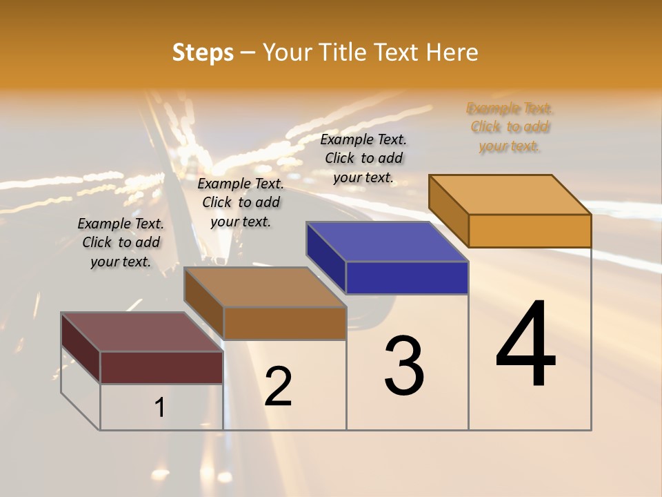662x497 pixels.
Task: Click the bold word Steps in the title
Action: tap(202, 52)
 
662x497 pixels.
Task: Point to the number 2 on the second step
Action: tap(279, 387)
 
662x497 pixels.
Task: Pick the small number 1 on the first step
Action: tap(160, 408)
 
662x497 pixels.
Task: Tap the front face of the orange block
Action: tap(530, 231)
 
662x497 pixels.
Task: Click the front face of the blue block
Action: tap(407, 277)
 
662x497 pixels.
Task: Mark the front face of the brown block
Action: tap(285, 322)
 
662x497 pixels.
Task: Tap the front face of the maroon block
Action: tap(161, 367)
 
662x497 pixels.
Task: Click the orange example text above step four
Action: tap(510, 127)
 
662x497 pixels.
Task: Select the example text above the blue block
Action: tap(363, 158)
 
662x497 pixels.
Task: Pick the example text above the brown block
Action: tap(241, 202)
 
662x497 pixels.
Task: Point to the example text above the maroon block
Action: tap(121, 242)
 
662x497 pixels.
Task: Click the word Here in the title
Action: tap(452, 52)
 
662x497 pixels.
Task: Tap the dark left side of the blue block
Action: tap(325, 257)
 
